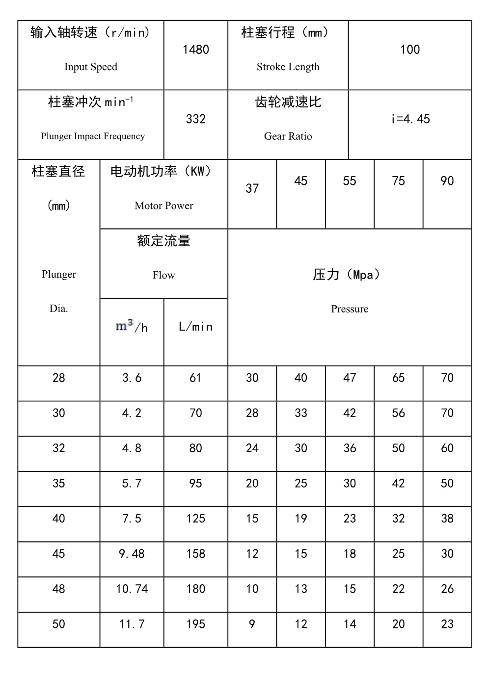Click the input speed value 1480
pos(195,50)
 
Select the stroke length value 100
pos(409,50)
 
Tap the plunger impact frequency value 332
pos(195,119)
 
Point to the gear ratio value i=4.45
pos(409,119)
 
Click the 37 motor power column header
pos(252,188)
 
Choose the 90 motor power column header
pos(447,181)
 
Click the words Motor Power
pos(163,206)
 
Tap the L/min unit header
pos(195,327)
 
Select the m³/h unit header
pos(132,327)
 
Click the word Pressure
pos(350,309)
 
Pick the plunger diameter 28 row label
pos(58,378)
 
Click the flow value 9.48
pos(132,554)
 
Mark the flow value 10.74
pos(132,589)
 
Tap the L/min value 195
pos(195,624)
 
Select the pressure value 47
pos(350,378)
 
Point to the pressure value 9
pos(252,624)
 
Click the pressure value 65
pos(398,378)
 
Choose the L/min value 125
pos(195,518)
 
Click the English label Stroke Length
pos(288,67)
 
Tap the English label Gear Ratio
pos(288,136)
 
